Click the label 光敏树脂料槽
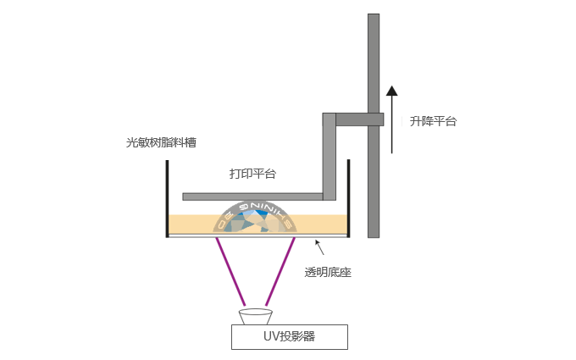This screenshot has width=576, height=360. (x=161, y=142)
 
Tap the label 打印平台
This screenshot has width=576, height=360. (x=252, y=174)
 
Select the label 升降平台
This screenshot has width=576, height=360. (x=433, y=121)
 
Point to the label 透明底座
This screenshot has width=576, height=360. (x=328, y=272)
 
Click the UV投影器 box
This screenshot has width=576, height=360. (x=290, y=336)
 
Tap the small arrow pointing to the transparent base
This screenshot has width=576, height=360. (x=319, y=247)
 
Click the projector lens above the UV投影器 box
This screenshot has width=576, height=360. (x=255, y=317)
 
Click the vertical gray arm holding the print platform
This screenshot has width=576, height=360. (x=329, y=157)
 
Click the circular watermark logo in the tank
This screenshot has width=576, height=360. (x=255, y=217)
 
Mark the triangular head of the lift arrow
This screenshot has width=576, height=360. (x=391, y=91)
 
